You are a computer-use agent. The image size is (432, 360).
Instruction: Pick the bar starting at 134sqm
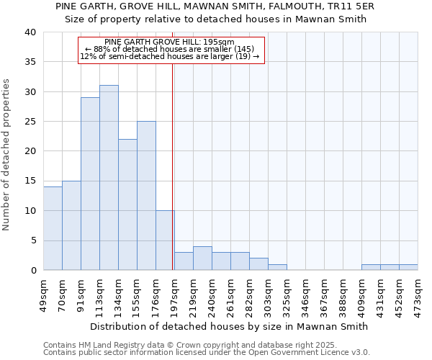[127, 204]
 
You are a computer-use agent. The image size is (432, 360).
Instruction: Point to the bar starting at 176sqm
[165, 240]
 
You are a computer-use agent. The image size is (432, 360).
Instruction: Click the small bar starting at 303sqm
[277, 267]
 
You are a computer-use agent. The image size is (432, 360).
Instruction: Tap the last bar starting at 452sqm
[408, 267]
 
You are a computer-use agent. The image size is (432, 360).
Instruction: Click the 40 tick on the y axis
[30, 32]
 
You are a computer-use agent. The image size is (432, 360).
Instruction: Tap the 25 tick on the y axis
[30, 122]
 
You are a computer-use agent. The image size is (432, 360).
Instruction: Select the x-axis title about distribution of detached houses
[230, 326]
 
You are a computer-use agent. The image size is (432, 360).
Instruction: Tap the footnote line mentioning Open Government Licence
[207, 353]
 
